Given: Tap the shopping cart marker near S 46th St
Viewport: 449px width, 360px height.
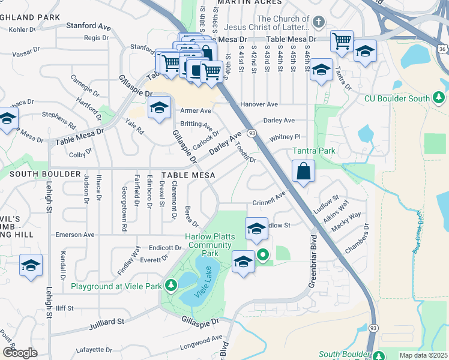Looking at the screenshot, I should pyautogui.click(x=342, y=42).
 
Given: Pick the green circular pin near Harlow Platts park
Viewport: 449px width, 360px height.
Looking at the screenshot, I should pyautogui.click(x=263, y=256).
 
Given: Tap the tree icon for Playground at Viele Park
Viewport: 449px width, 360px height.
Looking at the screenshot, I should pyautogui.click(x=171, y=286).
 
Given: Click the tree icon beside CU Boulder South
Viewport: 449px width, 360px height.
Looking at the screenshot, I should pyautogui.click(x=439, y=97).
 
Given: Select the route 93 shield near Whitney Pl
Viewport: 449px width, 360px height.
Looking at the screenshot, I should pyautogui.click(x=252, y=133).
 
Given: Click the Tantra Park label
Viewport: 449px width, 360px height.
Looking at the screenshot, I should pyautogui.click(x=313, y=151).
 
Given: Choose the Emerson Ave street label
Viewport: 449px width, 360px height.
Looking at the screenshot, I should pyautogui.click(x=75, y=235).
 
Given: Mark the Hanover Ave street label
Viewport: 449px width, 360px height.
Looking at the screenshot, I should pyautogui.click(x=259, y=104).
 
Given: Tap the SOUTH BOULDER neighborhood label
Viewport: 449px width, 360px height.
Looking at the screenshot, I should pyautogui.click(x=45, y=174).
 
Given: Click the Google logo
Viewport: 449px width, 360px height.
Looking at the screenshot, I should pyautogui.click(x=20, y=353).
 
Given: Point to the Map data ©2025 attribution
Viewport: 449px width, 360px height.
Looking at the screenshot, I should pyautogui.click(x=423, y=355).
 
